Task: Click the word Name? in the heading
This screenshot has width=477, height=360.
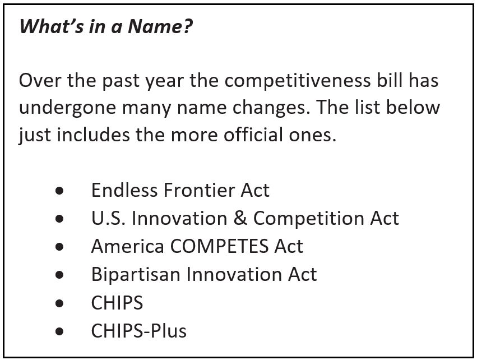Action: (160, 26)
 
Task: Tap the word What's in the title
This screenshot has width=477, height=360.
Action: (52, 26)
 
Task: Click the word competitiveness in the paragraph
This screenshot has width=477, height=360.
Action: (298, 81)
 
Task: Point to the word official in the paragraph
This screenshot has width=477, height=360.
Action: (253, 135)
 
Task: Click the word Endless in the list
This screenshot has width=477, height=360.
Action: (125, 190)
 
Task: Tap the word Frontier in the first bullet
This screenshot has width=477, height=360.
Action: (199, 190)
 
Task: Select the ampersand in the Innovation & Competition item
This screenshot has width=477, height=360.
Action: (240, 218)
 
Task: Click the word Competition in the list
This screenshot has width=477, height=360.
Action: (309, 218)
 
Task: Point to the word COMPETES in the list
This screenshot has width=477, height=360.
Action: (219, 246)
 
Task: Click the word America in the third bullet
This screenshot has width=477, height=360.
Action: (128, 246)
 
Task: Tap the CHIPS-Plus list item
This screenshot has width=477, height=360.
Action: (138, 331)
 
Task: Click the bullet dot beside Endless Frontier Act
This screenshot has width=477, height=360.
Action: (59, 191)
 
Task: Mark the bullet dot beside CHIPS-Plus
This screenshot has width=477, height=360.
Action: (59, 331)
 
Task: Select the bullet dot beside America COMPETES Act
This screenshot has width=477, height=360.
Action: (59, 247)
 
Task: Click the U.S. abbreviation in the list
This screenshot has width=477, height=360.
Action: (108, 218)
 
